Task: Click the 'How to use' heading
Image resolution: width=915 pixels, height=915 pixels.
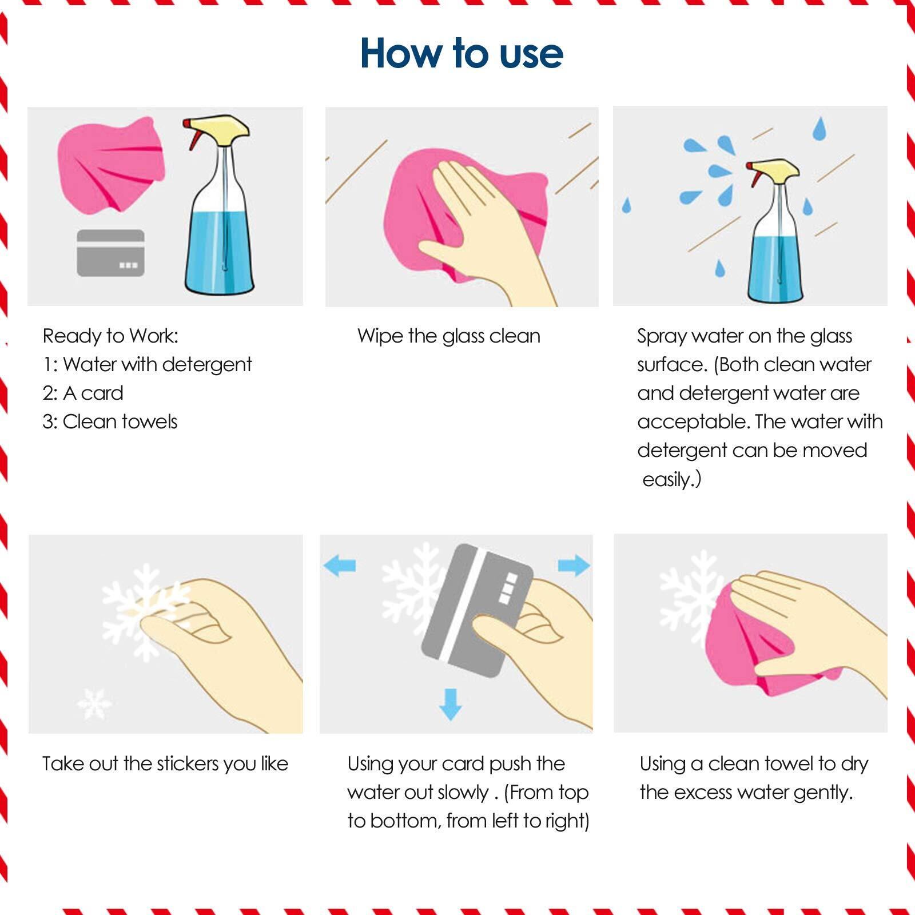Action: (462, 53)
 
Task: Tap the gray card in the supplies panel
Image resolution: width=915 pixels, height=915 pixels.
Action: (110, 253)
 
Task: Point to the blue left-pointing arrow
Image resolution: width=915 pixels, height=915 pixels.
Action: (339, 566)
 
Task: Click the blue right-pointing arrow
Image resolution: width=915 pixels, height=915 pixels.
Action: (574, 565)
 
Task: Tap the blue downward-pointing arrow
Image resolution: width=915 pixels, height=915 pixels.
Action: (450, 704)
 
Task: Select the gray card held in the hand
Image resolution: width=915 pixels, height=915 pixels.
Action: (477, 610)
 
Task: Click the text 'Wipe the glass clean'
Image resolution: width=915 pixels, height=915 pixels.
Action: (449, 336)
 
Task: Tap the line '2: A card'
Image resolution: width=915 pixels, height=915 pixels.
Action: (83, 393)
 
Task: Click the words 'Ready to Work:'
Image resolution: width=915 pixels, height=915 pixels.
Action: (111, 336)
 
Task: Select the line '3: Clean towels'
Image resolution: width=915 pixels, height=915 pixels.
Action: (110, 421)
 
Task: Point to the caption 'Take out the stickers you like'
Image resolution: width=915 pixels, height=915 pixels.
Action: (165, 763)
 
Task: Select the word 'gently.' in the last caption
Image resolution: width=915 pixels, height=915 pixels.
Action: (823, 793)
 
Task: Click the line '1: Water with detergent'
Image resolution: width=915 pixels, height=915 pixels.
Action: (148, 364)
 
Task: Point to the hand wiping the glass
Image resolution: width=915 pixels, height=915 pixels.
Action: (486, 229)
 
